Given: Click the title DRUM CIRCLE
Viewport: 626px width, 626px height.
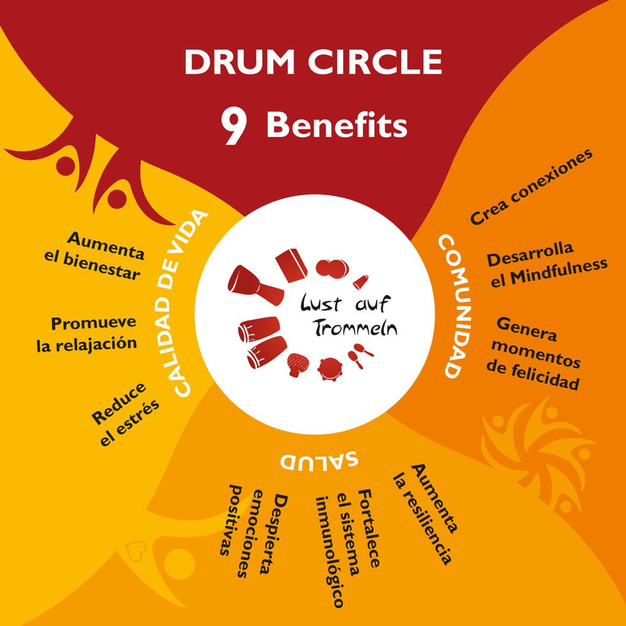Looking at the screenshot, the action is pyautogui.click(x=313, y=62).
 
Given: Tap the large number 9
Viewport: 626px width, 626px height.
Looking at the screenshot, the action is pyautogui.click(x=233, y=127).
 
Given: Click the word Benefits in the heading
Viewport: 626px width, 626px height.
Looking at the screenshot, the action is pyautogui.click(x=337, y=125).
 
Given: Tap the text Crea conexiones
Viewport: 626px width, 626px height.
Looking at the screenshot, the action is pyautogui.click(x=531, y=187).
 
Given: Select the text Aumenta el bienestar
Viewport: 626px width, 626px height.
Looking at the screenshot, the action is pyautogui.click(x=96, y=256).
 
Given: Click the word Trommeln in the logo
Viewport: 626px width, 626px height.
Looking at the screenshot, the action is pyautogui.click(x=355, y=328).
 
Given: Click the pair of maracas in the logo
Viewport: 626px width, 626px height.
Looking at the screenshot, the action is pyautogui.click(x=361, y=356).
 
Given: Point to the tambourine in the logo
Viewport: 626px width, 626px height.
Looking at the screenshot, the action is pyautogui.click(x=330, y=370).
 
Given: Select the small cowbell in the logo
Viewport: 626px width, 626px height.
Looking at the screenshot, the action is pyautogui.click(x=360, y=282).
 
